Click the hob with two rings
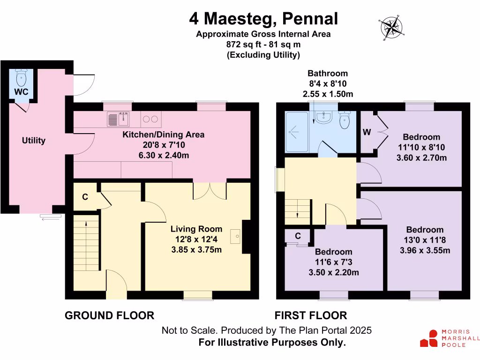point(150,120)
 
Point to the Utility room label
point(34,141)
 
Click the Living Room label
point(196,229)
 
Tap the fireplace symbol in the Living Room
point(236,236)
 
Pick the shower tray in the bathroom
point(297,132)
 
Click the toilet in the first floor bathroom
point(345,120)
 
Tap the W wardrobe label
point(367,133)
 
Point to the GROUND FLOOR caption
point(109,315)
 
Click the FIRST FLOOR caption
point(311,315)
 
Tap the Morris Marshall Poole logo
point(449,338)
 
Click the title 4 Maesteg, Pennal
point(263,19)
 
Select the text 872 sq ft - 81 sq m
point(263,45)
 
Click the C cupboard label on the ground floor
point(85,197)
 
